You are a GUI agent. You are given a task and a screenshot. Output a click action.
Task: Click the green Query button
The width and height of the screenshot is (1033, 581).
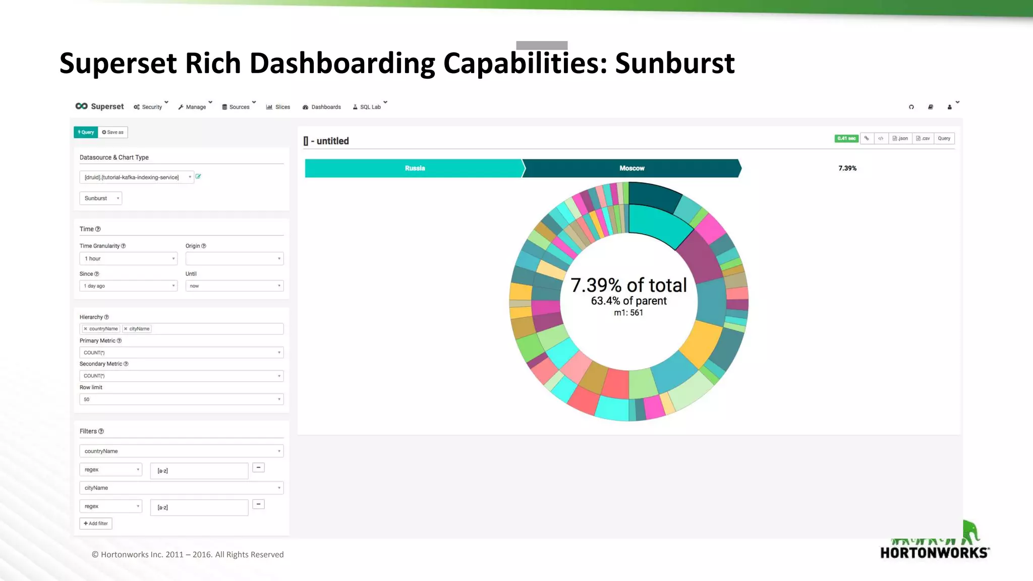click(86, 132)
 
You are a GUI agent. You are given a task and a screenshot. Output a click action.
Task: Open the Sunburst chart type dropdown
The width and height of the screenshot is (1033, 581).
click(100, 198)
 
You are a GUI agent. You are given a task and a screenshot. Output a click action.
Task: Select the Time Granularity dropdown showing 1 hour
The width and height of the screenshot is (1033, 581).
click(128, 259)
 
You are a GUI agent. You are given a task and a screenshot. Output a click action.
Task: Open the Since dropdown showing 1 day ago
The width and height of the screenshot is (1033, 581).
click(128, 286)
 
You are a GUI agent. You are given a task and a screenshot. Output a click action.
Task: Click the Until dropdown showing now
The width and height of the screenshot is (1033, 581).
click(234, 286)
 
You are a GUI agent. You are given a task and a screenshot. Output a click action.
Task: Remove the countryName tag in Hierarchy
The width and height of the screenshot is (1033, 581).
click(86, 329)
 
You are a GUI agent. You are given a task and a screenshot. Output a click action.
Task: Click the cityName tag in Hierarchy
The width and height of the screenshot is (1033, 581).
click(139, 329)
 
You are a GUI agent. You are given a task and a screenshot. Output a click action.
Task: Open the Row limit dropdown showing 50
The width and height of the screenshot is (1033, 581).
click(181, 399)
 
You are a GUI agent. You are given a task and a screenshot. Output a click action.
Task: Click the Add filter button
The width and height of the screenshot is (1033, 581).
click(96, 524)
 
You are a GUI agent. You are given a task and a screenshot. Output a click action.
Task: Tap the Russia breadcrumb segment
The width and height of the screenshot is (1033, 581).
click(415, 168)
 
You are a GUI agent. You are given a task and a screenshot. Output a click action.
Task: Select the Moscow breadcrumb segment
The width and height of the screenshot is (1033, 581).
click(632, 168)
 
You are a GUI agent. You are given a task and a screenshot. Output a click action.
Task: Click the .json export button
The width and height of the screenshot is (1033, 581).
click(900, 139)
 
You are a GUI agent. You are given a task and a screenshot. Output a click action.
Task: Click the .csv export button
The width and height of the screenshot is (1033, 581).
click(923, 139)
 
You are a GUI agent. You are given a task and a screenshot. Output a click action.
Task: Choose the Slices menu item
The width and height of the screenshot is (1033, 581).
click(278, 107)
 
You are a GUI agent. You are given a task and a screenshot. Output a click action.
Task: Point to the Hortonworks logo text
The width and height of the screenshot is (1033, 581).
click(934, 552)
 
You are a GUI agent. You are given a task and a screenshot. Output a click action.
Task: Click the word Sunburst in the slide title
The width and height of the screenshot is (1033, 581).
click(674, 64)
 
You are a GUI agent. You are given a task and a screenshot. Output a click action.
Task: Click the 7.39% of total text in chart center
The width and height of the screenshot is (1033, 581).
click(628, 285)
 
